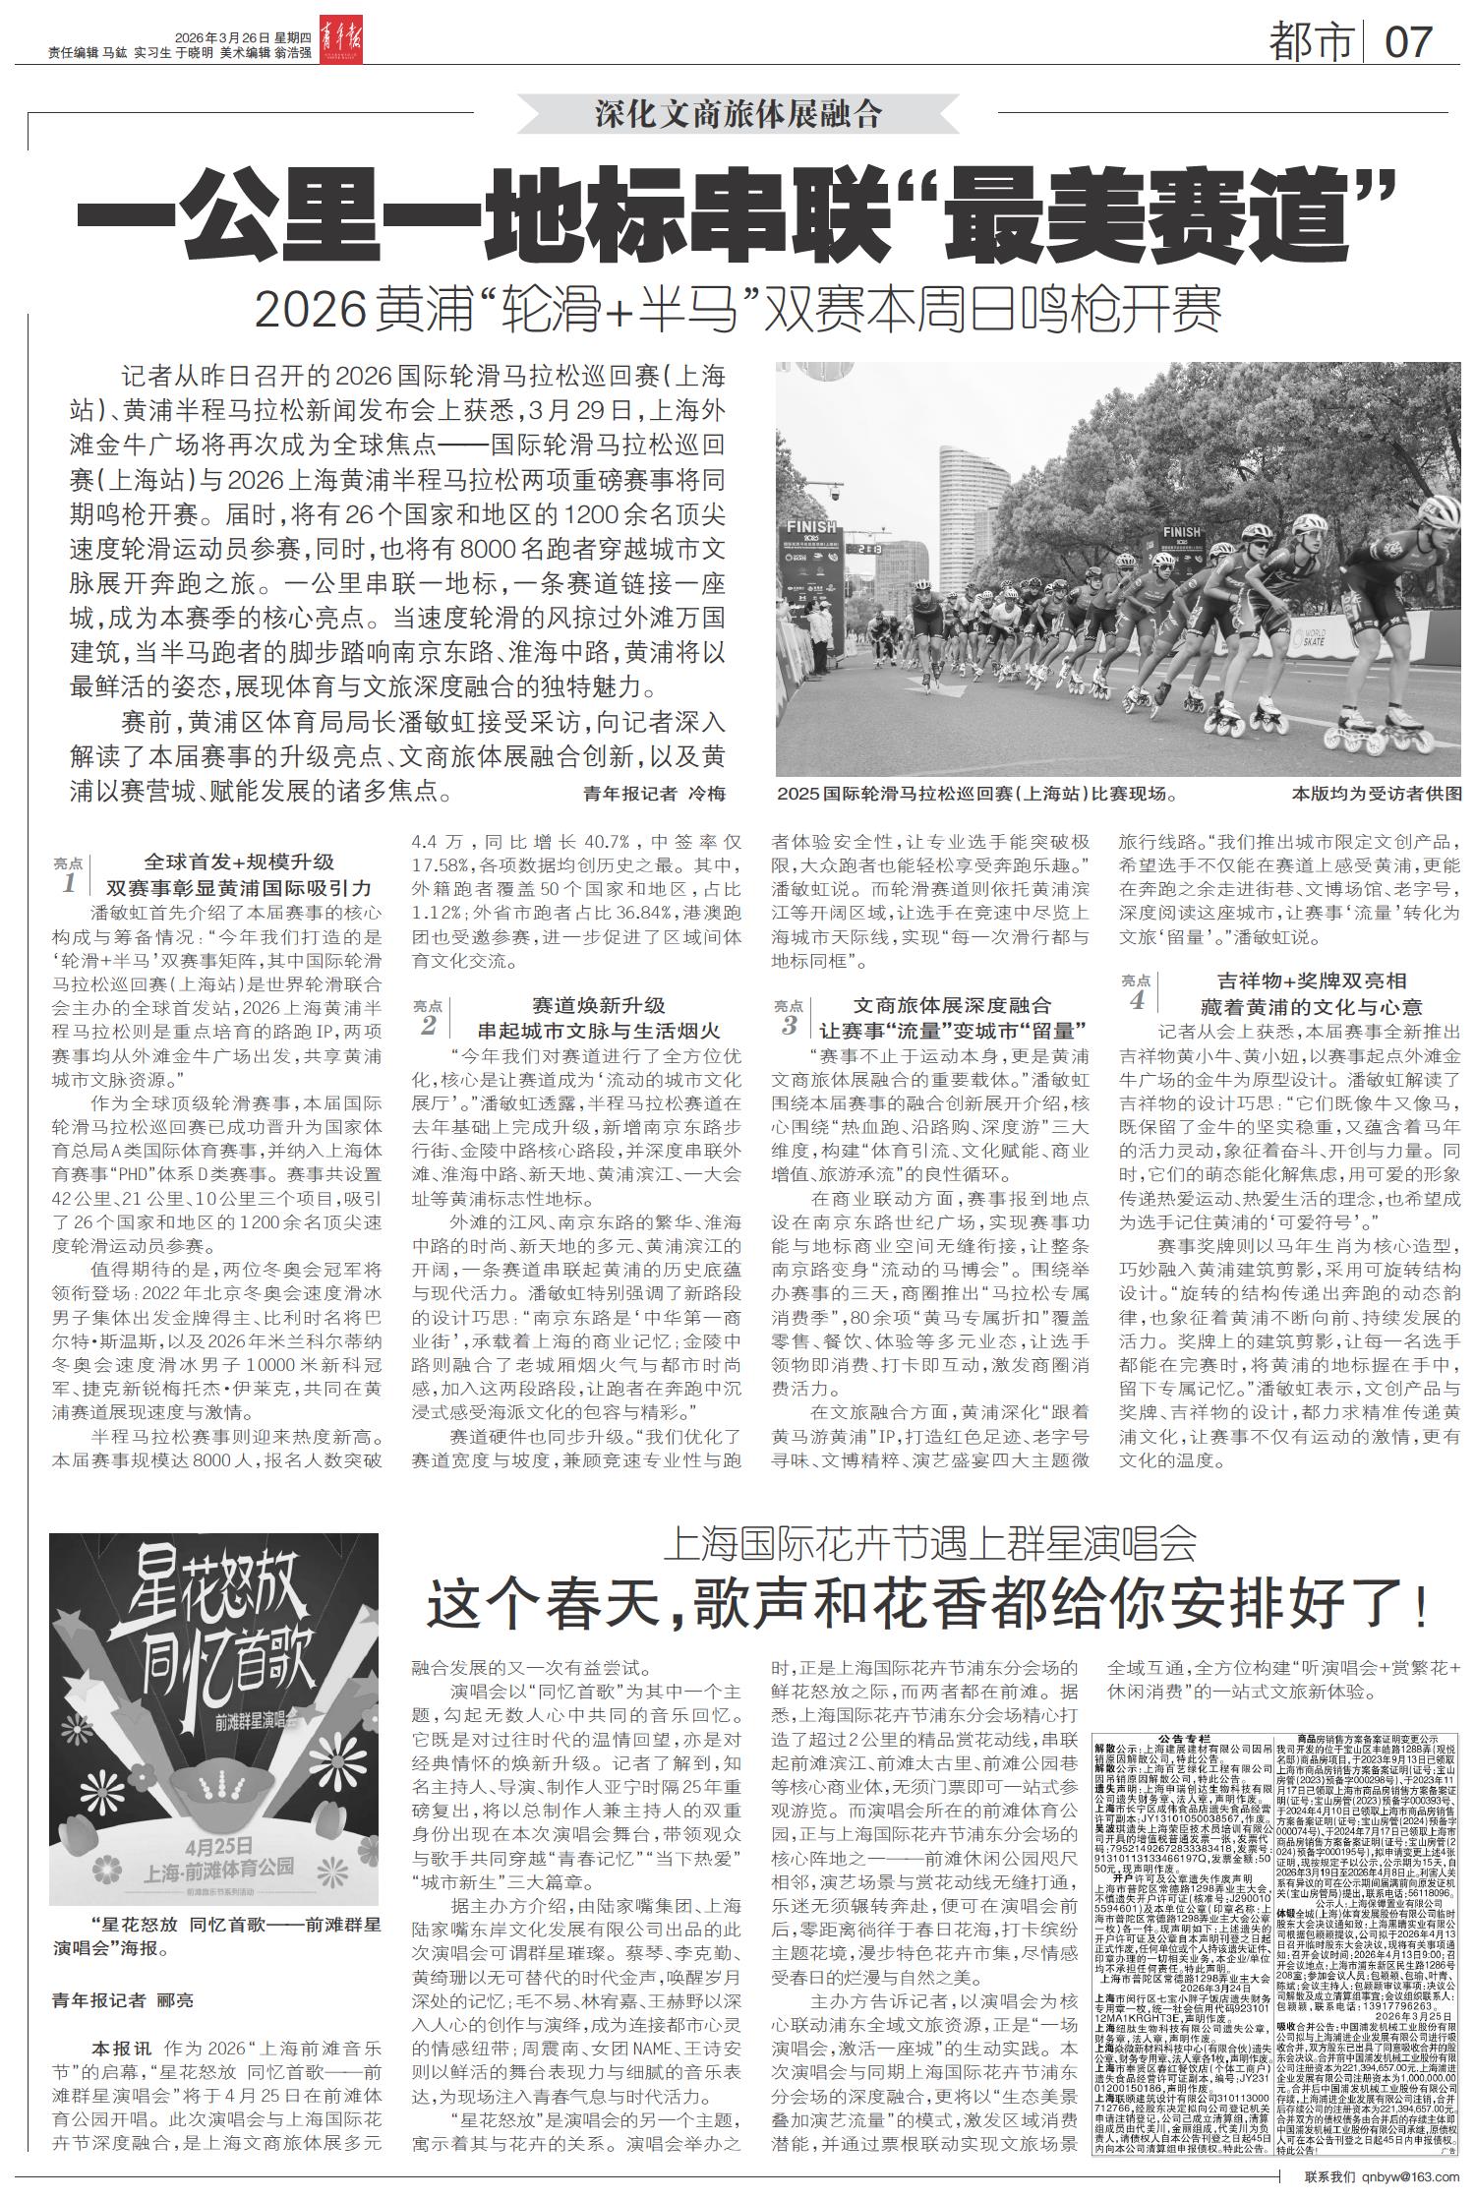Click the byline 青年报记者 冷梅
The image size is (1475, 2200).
[x=654, y=794]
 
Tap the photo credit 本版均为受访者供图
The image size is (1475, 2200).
[x=1377, y=794]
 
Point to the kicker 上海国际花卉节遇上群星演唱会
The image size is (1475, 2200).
[x=929, y=1546]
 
